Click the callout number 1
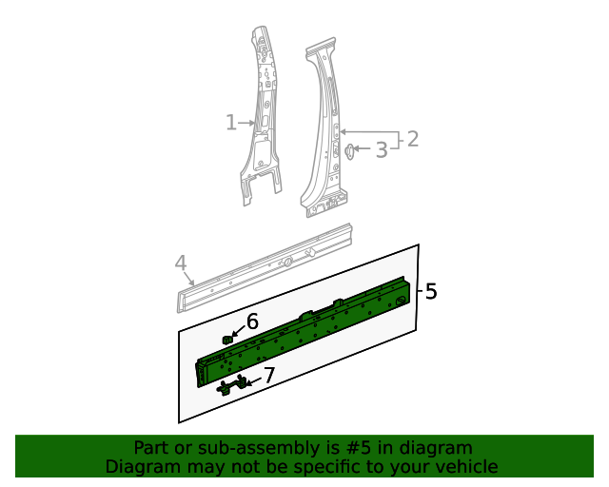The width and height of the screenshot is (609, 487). (230, 122)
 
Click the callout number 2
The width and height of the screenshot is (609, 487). (412, 140)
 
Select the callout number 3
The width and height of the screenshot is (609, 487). (381, 149)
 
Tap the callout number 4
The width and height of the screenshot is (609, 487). (180, 263)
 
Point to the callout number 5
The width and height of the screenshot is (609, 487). (431, 292)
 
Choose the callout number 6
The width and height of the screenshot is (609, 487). (252, 322)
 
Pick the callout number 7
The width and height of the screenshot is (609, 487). (268, 376)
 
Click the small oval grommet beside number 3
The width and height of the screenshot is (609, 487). (349, 149)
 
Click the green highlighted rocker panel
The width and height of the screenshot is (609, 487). (304, 328)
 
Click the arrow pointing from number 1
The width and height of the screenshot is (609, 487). (247, 122)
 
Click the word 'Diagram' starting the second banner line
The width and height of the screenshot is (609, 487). (141, 466)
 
